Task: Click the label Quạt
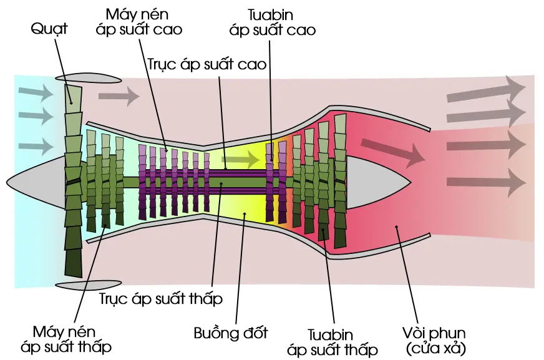coord(49,29)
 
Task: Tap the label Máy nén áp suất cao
coord(138,22)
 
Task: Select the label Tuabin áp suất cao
coord(273,22)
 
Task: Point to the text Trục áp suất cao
coord(207,64)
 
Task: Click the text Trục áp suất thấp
coord(161,299)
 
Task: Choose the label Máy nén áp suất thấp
coord(66,339)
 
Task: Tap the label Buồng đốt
coord(231,333)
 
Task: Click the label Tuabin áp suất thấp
coord(332,343)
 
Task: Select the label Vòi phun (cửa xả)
coord(435,341)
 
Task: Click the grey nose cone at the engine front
coord(36,182)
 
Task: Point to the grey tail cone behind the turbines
coord(378,182)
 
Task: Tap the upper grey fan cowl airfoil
coord(89,78)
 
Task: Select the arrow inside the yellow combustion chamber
coord(241,160)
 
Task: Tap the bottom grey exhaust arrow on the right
coord(487,182)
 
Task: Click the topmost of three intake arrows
coord(36,92)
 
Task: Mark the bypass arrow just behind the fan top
coord(119,95)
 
